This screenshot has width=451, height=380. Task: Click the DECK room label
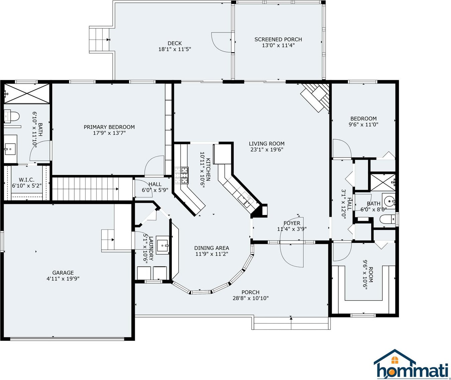point(175,43)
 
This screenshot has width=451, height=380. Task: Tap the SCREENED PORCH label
point(278,39)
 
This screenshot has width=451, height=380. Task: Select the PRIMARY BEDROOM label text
point(109,127)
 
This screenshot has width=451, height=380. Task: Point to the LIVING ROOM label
point(266,144)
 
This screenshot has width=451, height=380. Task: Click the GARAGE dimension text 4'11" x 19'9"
point(63,279)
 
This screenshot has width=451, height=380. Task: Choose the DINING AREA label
point(212,248)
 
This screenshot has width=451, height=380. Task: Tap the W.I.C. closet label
point(26,180)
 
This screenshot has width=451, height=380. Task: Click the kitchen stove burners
point(182,176)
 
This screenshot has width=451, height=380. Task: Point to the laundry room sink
point(162,245)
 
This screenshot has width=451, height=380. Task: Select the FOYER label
point(292,223)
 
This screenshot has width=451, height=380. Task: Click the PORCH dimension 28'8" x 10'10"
point(250,298)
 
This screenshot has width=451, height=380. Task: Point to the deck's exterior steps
point(99,40)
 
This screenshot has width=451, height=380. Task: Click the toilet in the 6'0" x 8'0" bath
point(387,220)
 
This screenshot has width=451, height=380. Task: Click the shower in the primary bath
point(26,94)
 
